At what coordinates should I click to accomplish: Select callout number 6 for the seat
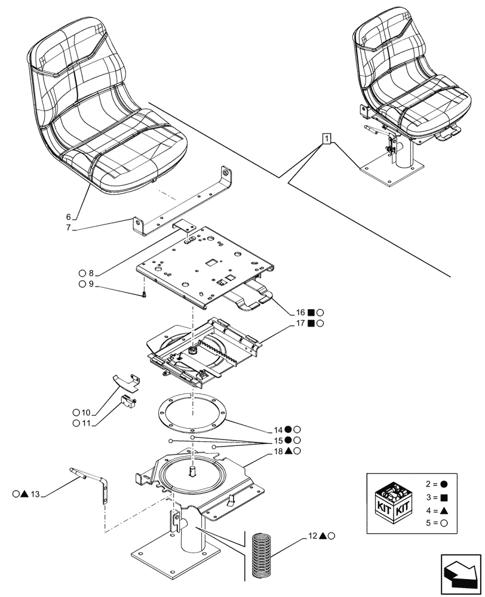click(x=68, y=216)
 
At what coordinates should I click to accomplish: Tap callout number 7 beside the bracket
click(x=68, y=227)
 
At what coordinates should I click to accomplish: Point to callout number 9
click(x=91, y=284)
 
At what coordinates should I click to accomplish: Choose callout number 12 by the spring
click(x=312, y=536)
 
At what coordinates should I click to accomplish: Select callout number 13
click(x=36, y=494)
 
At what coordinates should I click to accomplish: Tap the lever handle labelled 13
click(x=90, y=481)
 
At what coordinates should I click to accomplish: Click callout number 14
click(x=279, y=429)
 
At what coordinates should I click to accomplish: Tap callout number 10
click(x=85, y=413)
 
